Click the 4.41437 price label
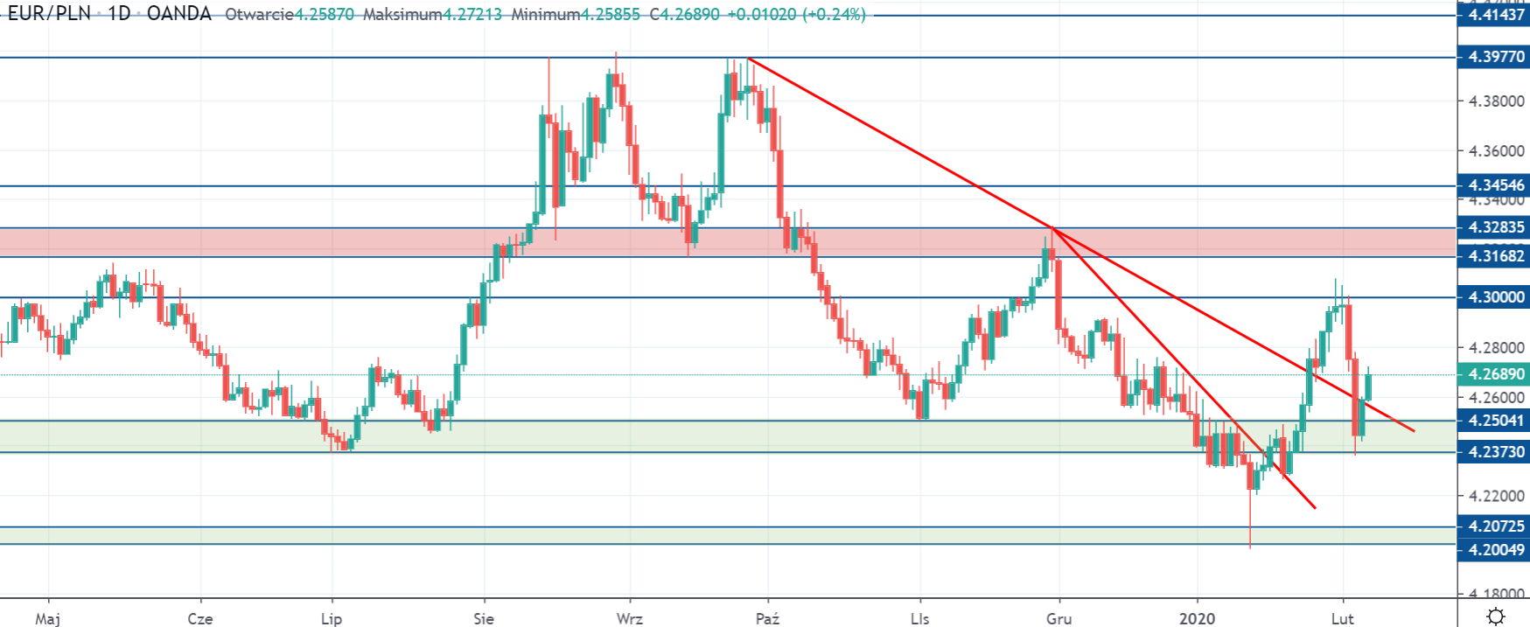point(1495,15)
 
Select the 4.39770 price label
point(1495,58)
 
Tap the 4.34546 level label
point(1495,185)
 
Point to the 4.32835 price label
point(1495,227)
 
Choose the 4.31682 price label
point(1495,255)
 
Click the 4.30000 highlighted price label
point(1495,297)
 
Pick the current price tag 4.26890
point(1495,374)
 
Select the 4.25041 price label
point(1495,421)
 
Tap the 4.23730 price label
point(1495,452)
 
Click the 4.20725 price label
point(1495,526)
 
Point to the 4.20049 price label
point(1495,550)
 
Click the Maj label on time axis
point(47,618)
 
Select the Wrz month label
point(629,618)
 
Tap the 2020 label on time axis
point(1197,618)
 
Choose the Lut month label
point(1342,618)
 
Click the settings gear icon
point(1495,616)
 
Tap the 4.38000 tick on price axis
point(1496,101)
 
